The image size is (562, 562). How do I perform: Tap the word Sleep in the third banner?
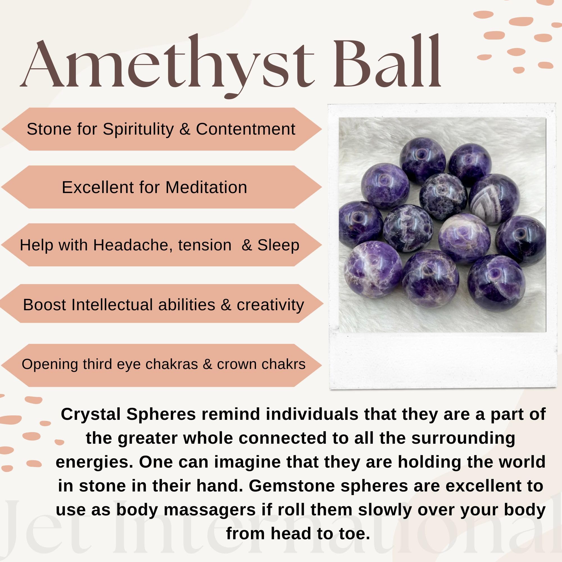point(278,245)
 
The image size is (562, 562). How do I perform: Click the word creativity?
point(270,305)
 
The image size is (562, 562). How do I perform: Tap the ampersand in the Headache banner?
point(247,245)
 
